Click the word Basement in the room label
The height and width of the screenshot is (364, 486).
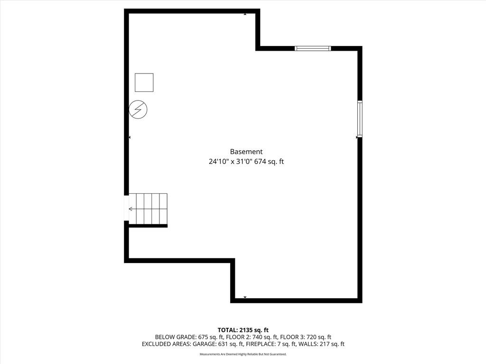coord(246,152)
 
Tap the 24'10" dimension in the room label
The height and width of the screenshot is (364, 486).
coord(218,162)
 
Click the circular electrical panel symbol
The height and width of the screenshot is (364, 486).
coord(138,109)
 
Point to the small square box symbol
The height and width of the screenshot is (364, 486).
coord(144,82)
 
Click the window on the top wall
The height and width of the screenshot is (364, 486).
coord(313,48)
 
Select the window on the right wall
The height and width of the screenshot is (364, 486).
coord(360,119)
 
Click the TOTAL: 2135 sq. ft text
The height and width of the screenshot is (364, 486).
coord(243,330)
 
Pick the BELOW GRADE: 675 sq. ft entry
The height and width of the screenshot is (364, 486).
coord(189,337)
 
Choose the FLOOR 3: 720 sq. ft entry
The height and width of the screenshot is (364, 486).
coord(306,337)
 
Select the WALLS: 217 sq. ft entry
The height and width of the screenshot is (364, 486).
coord(321,344)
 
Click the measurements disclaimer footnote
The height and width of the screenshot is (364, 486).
coord(243,354)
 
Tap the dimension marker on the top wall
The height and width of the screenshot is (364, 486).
coord(245,14)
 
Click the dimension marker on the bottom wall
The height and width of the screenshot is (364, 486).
coord(245,297)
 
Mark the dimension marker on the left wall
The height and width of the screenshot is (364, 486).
coord(130,137)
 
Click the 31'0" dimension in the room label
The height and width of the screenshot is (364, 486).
coord(244,162)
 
